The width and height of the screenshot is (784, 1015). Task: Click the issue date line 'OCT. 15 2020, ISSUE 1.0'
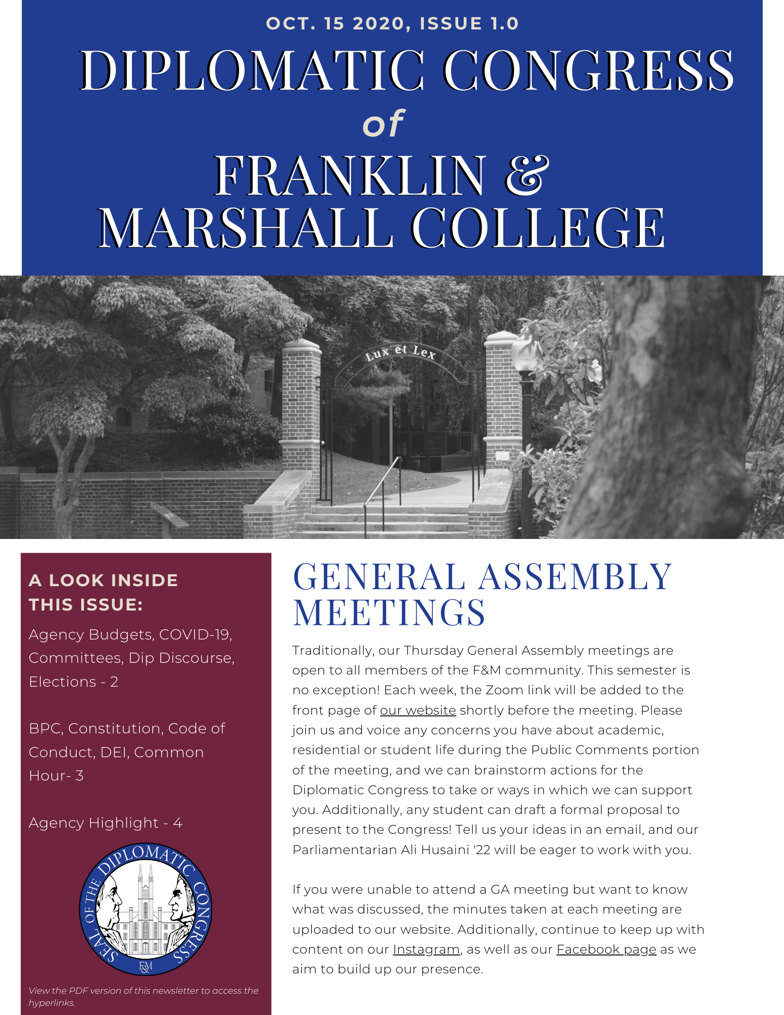pyautogui.click(x=392, y=24)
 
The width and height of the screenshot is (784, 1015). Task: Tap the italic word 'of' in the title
pyautogui.click(x=384, y=124)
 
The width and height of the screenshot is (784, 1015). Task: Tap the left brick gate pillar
pyautogui.click(x=301, y=406)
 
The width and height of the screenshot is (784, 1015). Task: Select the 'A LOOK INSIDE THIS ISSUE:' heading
pyautogui.click(x=104, y=592)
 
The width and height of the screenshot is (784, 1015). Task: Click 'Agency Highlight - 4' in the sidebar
pyautogui.click(x=106, y=823)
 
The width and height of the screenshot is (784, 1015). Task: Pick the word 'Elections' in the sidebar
pyautogui.click(x=62, y=682)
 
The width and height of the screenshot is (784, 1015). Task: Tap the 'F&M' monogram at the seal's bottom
pyautogui.click(x=146, y=967)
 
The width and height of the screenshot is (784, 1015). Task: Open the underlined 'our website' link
pyautogui.click(x=418, y=710)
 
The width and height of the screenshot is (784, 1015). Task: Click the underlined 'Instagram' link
pyautogui.click(x=426, y=950)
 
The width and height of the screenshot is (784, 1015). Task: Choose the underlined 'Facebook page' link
pyautogui.click(x=606, y=950)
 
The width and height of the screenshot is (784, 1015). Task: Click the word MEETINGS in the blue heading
pyautogui.click(x=389, y=613)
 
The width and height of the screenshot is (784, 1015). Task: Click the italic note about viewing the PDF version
pyautogui.click(x=144, y=996)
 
